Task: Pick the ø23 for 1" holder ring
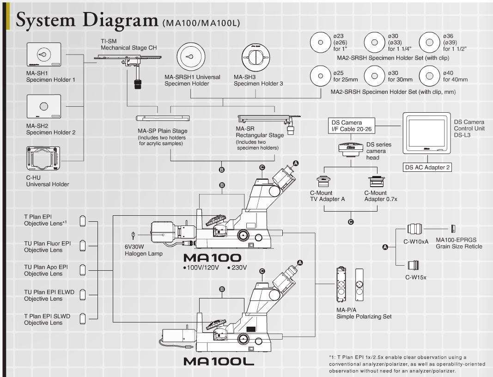click(x=320, y=42)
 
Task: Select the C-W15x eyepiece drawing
click(x=414, y=265)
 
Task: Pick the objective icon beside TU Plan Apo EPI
click(x=83, y=269)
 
